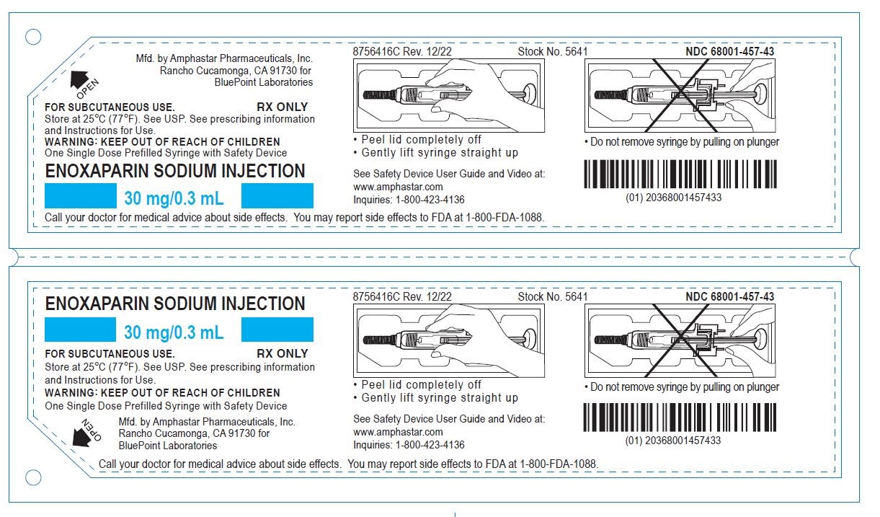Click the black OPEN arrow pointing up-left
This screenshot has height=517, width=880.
(78, 80)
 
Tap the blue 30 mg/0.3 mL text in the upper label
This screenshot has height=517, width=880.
(174, 197)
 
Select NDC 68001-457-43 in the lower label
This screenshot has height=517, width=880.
(729, 296)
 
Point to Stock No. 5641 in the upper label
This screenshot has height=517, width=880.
(552, 51)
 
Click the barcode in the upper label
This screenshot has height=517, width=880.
(680, 173)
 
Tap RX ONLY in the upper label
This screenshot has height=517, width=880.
(282, 107)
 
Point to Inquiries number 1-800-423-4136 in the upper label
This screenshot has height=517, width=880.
(430, 200)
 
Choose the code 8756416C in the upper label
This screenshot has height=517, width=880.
(375, 51)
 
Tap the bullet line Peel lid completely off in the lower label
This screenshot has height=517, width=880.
(421, 384)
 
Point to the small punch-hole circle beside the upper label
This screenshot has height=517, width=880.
(33, 36)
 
